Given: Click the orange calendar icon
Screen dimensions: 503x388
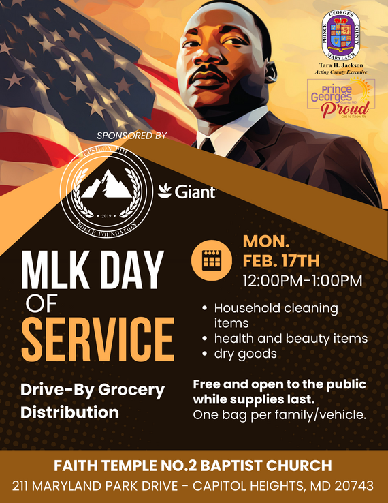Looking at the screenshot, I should pyautogui.click(x=212, y=260).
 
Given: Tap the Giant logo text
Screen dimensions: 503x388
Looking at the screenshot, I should pyautogui.click(x=188, y=193).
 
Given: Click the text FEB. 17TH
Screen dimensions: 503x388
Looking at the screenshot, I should pyautogui.click(x=280, y=260).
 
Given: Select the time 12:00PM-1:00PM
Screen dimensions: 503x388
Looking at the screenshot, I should pyautogui.click(x=302, y=280).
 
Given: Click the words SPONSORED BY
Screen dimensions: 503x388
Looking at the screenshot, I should pyautogui.click(x=132, y=136).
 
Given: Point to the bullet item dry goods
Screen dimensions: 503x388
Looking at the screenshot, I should pyautogui.click(x=245, y=354).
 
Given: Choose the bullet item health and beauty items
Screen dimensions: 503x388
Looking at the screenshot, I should pyautogui.click(x=291, y=338).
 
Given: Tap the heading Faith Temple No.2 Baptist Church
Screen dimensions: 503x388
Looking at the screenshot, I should pyautogui.click(x=194, y=466).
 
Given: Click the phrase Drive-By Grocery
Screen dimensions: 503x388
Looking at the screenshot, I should pyautogui.click(x=93, y=391).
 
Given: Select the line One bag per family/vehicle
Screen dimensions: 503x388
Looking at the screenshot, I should pyautogui.click(x=280, y=414).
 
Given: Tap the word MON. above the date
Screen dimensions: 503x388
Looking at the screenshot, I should pyautogui.click(x=267, y=241).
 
